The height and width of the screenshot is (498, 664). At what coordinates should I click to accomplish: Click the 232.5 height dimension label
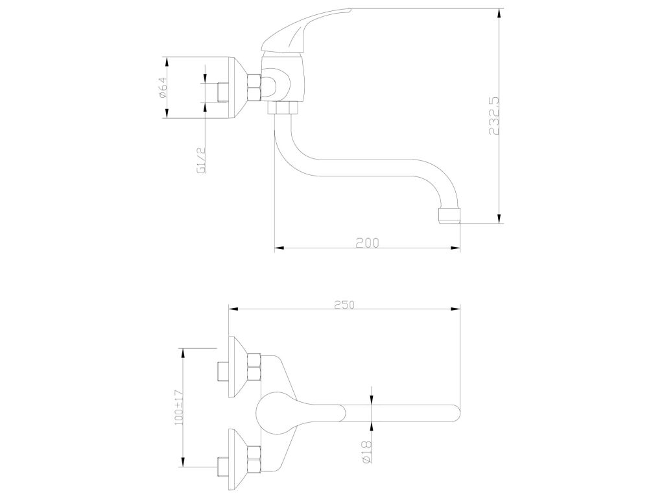[494, 115]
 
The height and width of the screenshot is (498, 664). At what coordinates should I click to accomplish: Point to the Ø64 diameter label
[163, 88]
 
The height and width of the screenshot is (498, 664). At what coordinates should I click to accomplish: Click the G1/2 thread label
[201, 161]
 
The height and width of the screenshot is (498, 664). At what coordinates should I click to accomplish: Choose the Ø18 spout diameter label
[367, 451]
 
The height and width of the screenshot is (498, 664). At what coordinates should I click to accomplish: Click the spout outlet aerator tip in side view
[449, 215]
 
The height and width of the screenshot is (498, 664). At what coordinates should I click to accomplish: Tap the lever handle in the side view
[306, 30]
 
